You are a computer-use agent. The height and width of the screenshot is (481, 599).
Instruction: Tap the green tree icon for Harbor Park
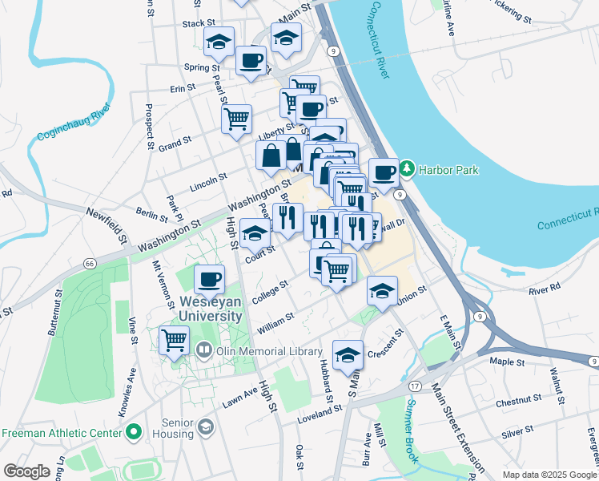(x=408, y=169)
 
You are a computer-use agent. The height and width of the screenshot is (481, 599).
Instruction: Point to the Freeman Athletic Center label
(x=62, y=433)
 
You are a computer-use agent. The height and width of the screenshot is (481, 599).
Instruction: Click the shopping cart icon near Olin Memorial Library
(x=174, y=339)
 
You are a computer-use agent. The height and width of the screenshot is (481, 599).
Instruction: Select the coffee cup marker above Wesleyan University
(x=209, y=279)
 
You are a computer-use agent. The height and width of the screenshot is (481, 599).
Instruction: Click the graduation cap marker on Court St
(x=255, y=233)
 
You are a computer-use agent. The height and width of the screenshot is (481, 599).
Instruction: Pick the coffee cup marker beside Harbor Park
(x=384, y=172)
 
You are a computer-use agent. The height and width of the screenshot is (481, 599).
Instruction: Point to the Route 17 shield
(x=415, y=386)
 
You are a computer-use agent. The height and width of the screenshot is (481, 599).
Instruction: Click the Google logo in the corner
(x=26, y=471)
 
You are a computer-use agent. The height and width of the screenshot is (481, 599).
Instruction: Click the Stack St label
(x=199, y=24)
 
